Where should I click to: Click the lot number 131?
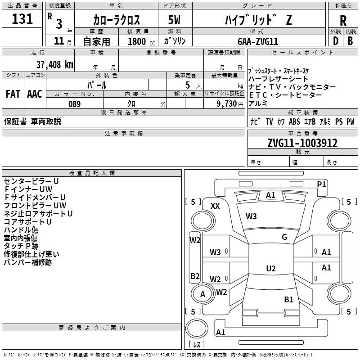(22, 19)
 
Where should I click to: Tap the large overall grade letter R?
(343, 20)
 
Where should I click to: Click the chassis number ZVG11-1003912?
(302, 143)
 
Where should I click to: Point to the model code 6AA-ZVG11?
(258, 41)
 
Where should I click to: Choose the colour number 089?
(74, 104)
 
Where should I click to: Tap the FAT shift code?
(13, 94)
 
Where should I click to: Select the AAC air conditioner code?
(34, 94)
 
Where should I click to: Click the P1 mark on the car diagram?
(321, 184)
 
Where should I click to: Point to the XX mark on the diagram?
(216, 206)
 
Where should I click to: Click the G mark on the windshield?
(284, 237)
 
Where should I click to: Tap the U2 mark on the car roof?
(270, 269)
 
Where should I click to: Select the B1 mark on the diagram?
(288, 299)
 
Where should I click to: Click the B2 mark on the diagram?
(195, 276)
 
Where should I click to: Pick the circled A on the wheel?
(202, 294)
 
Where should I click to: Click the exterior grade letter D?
(335, 41)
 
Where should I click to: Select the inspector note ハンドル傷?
(21, 230)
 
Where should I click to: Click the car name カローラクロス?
(117, 20)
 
